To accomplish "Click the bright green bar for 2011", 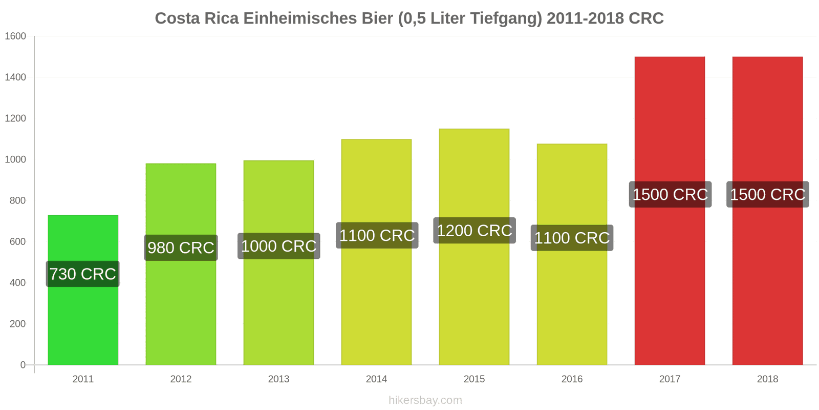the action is tap(83, 290).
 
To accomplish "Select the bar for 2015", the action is tap(474, 247).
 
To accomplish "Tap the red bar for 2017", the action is tap(670, 211).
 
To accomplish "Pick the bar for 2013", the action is tap(278, 262).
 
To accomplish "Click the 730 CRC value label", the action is tap(82, 274).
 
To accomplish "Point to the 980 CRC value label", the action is tap(181, 248).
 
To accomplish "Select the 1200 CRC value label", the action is tap(475, 231).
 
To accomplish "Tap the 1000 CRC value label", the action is tap(279, 246).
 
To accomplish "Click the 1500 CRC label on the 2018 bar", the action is tap(768, 194).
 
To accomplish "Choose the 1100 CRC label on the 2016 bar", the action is tap(572, 238).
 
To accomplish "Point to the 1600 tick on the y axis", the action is tap(15, 36).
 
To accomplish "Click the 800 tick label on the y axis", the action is tap(17, 200).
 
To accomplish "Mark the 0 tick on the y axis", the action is tap(23, 364).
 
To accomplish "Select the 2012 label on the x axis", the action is tap(181, 379).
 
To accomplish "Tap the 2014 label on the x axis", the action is tap(376, 379).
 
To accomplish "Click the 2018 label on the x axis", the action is tap(767, 379).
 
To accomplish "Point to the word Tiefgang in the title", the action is tap(504, 19).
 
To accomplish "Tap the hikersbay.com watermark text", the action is tap(425, 400).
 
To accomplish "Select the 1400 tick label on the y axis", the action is tap(15, 77).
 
